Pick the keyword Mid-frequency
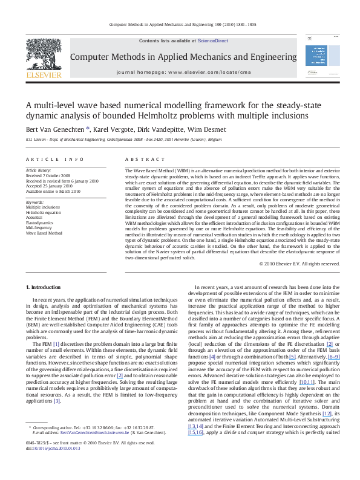[x=38, y=227]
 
